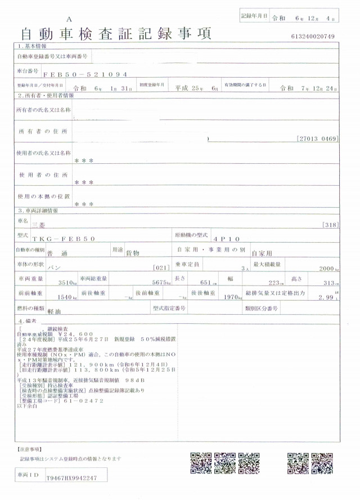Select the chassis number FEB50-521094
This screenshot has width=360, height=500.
coord(85,74)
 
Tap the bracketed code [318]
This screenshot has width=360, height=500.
coord(330,224)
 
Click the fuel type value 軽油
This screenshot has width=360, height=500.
coord(55,311)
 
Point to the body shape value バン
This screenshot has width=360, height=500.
coord(55,268)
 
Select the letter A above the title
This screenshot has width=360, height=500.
coord(69,19)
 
